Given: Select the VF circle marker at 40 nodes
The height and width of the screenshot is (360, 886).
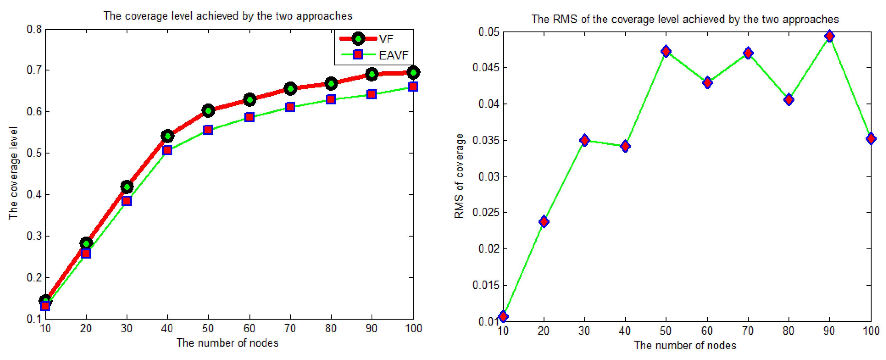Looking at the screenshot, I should coord(168,136).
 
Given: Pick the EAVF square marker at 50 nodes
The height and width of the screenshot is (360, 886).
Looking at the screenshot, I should coord(208,130).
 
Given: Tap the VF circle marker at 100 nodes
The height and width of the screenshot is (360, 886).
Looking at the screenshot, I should coord(413,73).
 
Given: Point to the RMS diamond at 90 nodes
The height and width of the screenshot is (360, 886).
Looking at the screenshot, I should coord(829,36).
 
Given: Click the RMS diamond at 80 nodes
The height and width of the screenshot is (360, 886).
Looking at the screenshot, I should coord(789,100).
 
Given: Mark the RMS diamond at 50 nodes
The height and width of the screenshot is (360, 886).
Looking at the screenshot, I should coord(666,51).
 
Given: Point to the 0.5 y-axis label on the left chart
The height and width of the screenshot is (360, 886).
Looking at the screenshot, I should coord(34,153).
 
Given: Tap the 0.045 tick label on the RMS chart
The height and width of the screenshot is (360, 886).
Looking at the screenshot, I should coord(485,67).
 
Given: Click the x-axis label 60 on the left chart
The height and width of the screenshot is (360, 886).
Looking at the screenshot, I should coord(249,329).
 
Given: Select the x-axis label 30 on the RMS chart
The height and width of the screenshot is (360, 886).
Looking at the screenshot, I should coord(584,331).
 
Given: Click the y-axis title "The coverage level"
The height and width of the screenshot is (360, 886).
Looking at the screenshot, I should coord(13,173).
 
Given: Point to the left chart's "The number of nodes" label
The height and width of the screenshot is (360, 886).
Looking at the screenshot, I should coord(227,343).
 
